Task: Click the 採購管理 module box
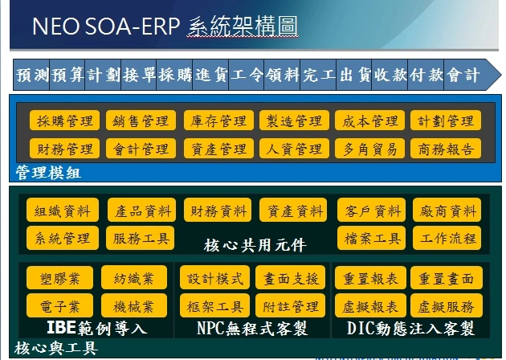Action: tap(64, 121)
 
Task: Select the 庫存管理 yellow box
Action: tap(218, 121)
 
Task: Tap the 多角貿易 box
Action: tap(369, 149)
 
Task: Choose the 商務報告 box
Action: tap(446, 149)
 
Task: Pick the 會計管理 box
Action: tap(141, 149)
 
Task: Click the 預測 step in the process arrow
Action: tap(31, 75)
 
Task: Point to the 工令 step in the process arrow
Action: tap(247, 75)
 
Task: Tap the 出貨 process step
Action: tap(354, 75)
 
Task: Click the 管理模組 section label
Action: tap(48, 173)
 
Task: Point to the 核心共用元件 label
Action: tap(255, 245)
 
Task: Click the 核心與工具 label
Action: tap(56, 349)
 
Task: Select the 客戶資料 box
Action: tap(371, 211)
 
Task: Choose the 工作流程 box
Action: tap(447, 238)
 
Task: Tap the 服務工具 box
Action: tap(140, 238)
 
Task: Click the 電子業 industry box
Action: tap(59, 305)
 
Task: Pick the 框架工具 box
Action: tap(215, 305)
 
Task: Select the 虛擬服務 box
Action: tap(447, 305)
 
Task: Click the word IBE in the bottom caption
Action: tap(61, 327)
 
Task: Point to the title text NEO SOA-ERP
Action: tap(106, 27)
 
